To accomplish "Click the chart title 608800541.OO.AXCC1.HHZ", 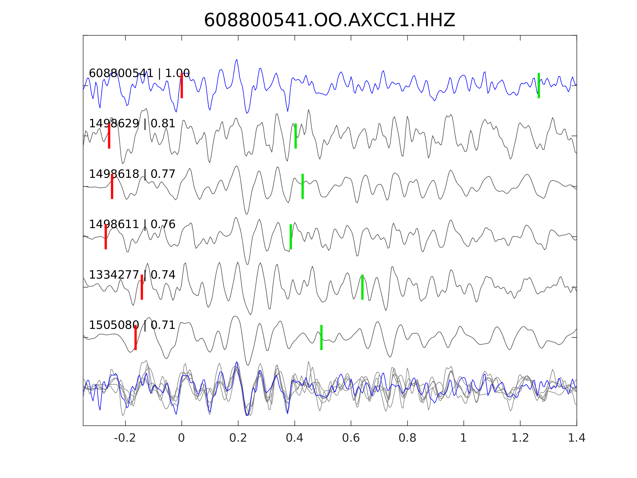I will (x=330, y=20).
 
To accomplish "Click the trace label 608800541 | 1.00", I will (x=139, y=73).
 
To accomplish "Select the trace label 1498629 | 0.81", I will (x=132, y=124).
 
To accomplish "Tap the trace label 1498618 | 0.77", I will (x=132, y=174).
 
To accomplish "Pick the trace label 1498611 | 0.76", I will (x=132, y=224).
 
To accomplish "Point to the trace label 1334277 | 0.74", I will (x=132, y=275).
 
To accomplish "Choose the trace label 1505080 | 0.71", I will (x=132, y=325).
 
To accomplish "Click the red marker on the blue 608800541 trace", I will (x=182, y=85).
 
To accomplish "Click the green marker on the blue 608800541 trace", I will (x=539, y=85).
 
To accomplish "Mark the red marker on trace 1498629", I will (x=109, y=136).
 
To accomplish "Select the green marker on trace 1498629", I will (x=295, y=136).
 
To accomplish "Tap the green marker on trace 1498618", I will (x=303, y=186).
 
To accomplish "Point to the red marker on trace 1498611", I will (x=106, y=237).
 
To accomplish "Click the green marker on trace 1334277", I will (x=362, y=287).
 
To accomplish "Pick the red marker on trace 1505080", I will (x=136, y=337).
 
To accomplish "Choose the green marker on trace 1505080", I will (x=321, y=337).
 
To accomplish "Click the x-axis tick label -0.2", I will (x=125, y=438).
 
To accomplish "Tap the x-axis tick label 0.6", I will (x=351, y=438).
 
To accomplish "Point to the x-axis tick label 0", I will (x=181, y=438).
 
